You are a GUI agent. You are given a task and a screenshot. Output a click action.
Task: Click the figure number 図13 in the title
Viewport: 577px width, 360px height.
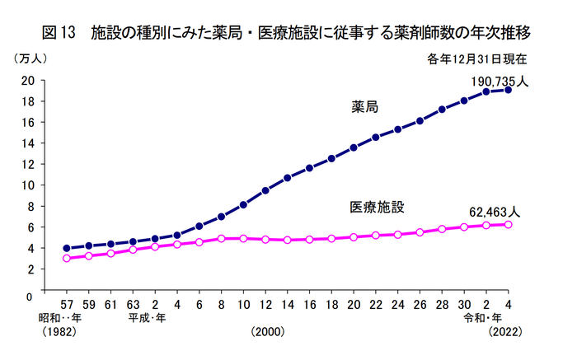(x=59, y=33)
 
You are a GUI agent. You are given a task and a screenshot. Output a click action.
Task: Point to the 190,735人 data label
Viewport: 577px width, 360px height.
(x=500, y=82)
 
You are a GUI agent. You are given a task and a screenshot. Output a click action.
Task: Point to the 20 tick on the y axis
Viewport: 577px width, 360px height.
(x=28, y=80)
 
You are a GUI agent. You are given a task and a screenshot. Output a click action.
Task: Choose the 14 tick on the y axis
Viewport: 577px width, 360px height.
(x=28, y=143)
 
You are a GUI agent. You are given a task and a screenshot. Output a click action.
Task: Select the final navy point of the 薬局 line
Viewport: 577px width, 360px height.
(x=508, y=90)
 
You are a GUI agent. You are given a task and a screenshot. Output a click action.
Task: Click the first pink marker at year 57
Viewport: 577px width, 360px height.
(x=67, y=258)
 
